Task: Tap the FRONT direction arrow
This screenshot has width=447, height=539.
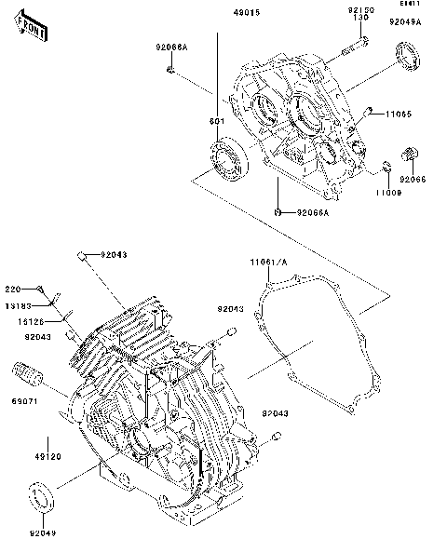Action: pyautogui.click(x=31, y=30)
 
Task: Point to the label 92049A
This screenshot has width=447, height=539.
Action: pyautogui.click(x=405, y=21)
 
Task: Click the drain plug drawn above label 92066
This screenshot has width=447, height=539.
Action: pyautogui.click(x=409, y=154)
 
